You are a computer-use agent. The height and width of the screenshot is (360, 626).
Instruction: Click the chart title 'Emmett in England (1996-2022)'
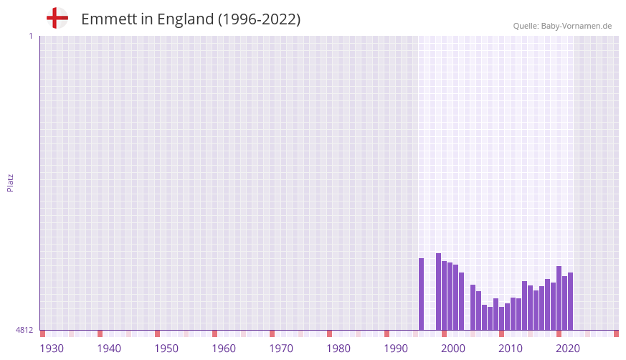coord(191,19)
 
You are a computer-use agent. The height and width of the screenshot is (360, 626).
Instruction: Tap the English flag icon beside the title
coord(57,18)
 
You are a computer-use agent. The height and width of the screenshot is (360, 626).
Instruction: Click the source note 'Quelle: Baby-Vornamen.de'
coord(562,26)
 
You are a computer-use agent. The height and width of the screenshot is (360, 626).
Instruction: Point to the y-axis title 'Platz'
coord(10,182)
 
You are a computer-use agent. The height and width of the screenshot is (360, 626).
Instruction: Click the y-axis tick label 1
coord(30,36)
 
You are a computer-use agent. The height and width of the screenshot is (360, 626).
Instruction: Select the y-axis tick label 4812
coord(24,330)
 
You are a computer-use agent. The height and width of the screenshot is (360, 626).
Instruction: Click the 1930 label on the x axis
coord(52,349)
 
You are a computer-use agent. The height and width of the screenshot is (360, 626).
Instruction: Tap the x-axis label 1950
coord(166,349)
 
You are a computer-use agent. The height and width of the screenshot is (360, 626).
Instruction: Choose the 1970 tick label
coord(281,349)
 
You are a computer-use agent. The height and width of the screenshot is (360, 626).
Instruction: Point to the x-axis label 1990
coord(396,349)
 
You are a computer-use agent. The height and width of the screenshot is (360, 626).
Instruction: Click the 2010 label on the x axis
coord(511,349)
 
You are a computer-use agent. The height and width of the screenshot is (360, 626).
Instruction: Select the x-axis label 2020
coord(568,349)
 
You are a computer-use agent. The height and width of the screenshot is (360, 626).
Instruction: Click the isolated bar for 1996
coord(422,294)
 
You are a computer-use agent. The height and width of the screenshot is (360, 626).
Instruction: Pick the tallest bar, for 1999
coord(439,291)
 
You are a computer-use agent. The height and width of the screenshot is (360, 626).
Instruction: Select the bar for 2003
coord(462,301)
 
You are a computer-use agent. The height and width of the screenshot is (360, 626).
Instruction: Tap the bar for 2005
coord(473,308)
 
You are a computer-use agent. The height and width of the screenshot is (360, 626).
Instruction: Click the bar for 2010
coord(502,318)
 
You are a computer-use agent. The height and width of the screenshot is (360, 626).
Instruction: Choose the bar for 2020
coord(559,298)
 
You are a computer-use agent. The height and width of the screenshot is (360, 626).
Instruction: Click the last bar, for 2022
coord(571,301)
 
